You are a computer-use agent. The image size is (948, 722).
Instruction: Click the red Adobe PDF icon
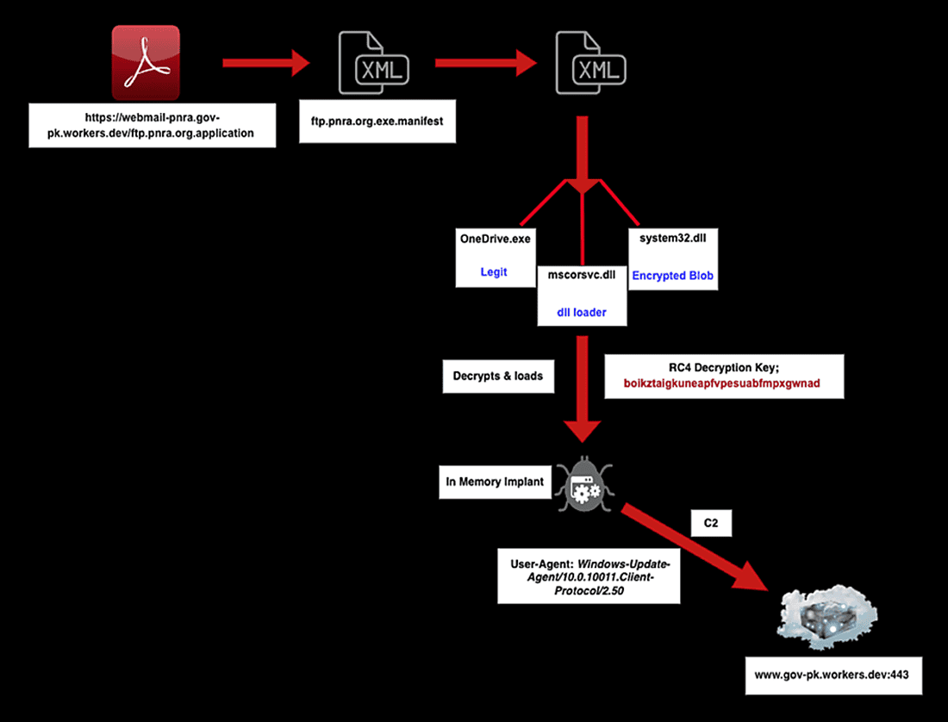click(146, 62)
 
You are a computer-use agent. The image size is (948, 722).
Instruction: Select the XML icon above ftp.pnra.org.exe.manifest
click(372, 63)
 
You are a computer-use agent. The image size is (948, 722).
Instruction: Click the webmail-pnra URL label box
click(153, 125)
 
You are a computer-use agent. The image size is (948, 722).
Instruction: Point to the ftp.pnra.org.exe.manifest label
click(376, 121)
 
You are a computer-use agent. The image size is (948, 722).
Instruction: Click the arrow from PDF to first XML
click(265, 62)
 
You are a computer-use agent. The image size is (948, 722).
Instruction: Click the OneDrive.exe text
click(495, 238)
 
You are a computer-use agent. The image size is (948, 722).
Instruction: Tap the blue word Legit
click(495, 272)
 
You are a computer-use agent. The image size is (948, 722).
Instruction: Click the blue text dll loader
click(581, 312)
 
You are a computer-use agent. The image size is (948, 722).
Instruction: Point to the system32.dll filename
click(672, 238)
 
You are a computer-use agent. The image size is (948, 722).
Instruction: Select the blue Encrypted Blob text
click(672, 276)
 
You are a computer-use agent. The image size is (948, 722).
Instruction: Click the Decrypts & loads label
click(498, 377)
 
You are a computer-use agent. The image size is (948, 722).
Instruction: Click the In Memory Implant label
click(495, 482)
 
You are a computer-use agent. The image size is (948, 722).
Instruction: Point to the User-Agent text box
click(589, 574)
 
